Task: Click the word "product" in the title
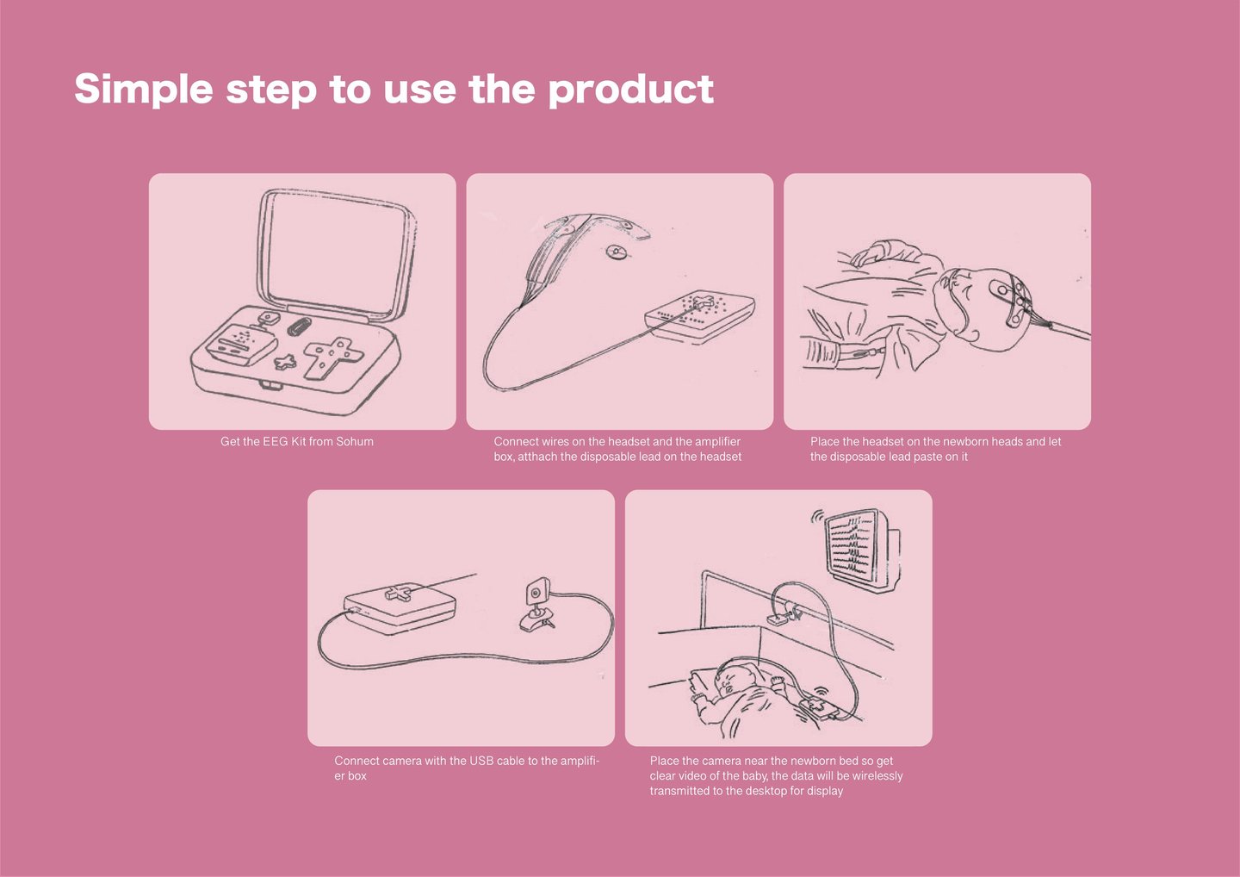pos(630,89)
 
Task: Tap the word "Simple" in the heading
pos(143,89)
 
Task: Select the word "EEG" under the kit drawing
pos(276,441)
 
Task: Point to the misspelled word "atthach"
pos(536,457)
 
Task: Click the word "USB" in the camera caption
pos(481,761)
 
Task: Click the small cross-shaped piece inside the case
pos(284,362)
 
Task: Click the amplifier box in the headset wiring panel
pos(700,317)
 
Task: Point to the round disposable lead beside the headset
pos(616,252)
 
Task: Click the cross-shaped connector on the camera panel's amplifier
pos(398,594)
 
